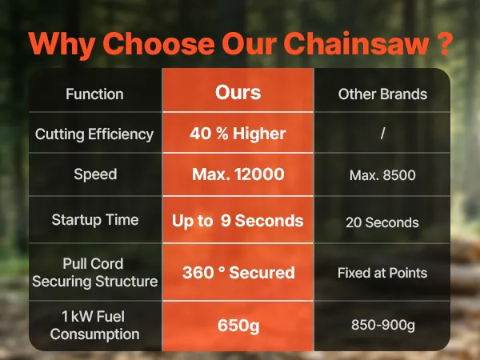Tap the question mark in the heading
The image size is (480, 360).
tap(443, 43)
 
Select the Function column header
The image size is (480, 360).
tap(94, 94)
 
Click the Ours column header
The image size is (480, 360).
tap(238, 93)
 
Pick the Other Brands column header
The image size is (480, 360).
tap(382, 94)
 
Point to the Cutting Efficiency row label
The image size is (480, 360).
tap(94, 134)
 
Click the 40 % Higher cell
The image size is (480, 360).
tap(238, 134)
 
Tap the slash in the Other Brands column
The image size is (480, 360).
tap(382, 134)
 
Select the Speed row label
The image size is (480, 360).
tap(95, 174)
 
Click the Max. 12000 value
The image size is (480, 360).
tap(238, 174)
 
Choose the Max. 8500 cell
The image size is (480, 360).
tap(382, 175)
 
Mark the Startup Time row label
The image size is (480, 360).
tap(95, 220)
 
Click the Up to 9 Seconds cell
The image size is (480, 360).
tap(238, 221)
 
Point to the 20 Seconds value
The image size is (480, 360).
tap(382, 222)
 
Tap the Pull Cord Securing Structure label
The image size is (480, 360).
tap(95, 273)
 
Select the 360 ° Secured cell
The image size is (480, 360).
tap(238, 273)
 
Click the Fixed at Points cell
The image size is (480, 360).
tap(382, 273)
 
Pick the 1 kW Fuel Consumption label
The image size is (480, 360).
tap(94, 325)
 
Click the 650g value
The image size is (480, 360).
tap(238, 326)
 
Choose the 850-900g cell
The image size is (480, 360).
tap(382, 325)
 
